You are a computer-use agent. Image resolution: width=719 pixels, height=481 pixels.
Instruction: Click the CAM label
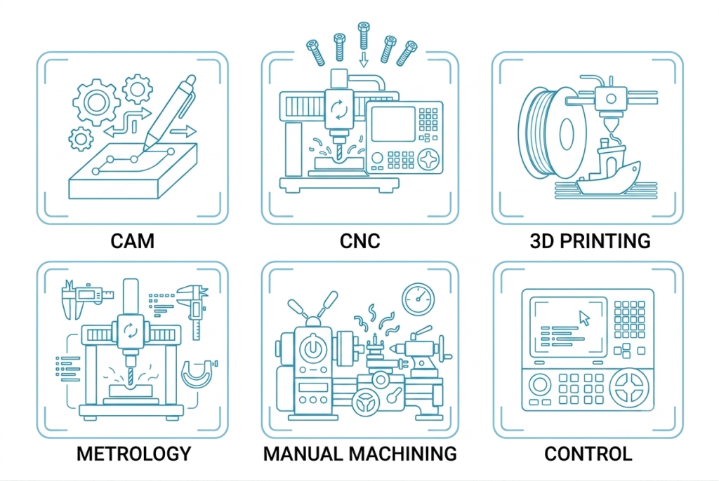pos(132,241)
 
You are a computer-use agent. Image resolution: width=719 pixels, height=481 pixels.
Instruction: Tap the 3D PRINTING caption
pos(590,241)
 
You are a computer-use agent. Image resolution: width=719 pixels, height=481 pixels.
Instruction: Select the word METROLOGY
pos(133,454)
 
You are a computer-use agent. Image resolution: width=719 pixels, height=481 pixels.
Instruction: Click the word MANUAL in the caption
pos(303,454)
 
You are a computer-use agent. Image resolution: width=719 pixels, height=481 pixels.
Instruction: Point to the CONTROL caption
pos(588,454)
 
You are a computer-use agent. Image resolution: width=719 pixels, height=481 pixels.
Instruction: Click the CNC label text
pos(360,241)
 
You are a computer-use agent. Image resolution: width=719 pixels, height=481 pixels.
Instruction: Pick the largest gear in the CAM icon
pos(96,102)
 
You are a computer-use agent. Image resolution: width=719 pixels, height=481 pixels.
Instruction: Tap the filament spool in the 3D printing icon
pos(553,133)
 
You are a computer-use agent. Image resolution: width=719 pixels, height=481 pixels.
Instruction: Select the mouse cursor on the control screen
pos(584,318)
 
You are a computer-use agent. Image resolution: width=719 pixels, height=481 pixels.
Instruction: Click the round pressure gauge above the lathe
pos(418,299)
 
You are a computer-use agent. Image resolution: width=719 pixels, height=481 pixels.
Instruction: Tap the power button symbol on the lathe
pos(312,348)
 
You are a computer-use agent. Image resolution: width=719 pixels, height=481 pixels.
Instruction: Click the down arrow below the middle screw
pos(364,60)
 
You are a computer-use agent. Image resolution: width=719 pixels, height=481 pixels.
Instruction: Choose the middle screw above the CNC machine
pos(364,35)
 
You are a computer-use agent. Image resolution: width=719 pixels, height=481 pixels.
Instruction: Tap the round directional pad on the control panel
pos(629,387)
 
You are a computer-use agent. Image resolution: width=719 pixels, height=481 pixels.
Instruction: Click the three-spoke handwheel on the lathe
pos(366,402)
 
